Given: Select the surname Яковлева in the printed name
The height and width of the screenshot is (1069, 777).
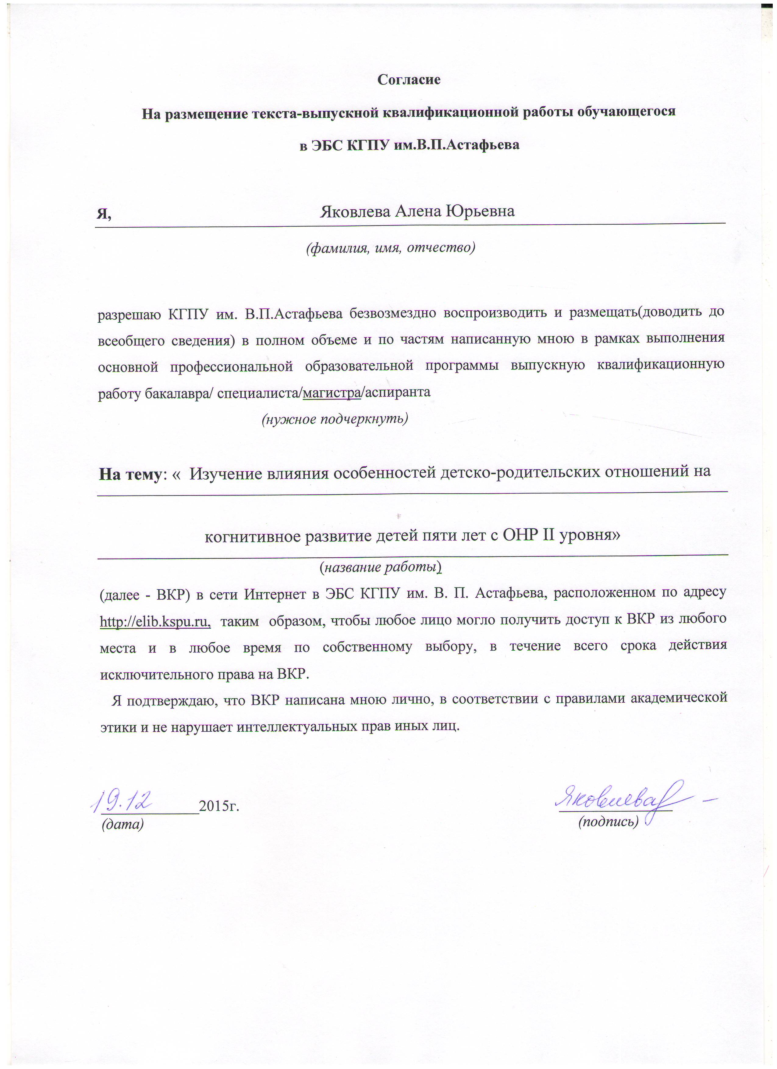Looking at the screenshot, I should click(x=355, y=211).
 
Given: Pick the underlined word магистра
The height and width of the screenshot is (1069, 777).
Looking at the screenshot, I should click(x=332, y=392).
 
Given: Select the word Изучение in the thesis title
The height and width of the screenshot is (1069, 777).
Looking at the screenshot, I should click(x=223, y=473).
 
